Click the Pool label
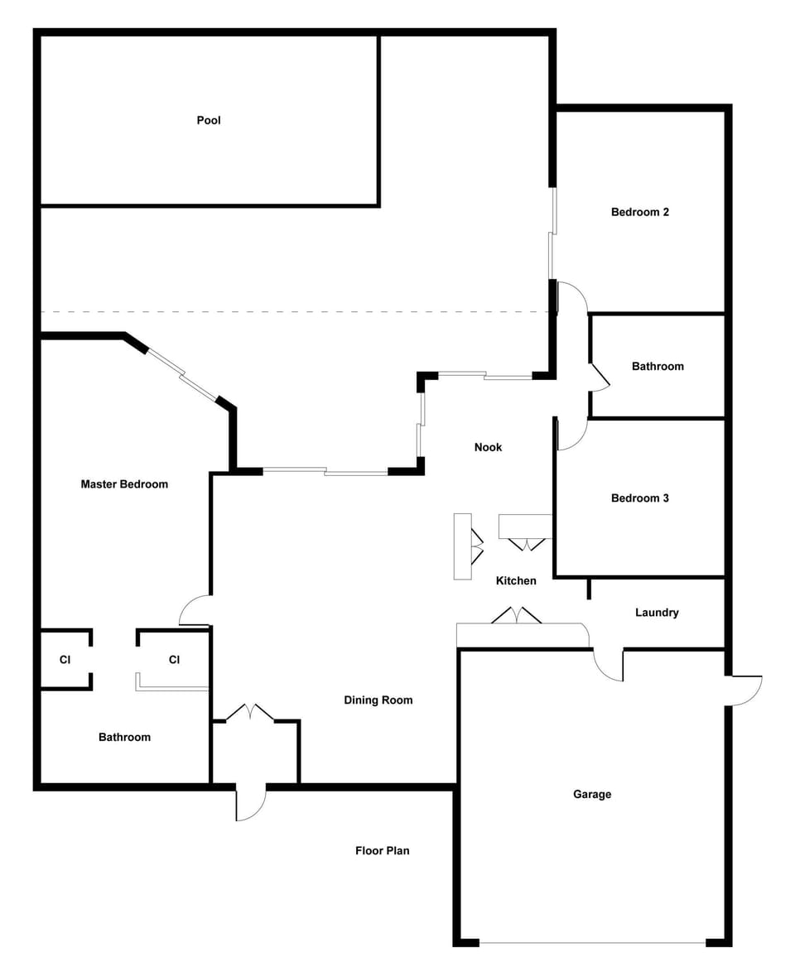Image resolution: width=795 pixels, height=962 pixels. (x=209, y=120)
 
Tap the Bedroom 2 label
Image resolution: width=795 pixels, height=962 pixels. (x=639, y=212)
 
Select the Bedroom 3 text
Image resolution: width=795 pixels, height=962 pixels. (x=639, y=498)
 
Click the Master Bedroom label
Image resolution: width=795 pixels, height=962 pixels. (x=124, y=484)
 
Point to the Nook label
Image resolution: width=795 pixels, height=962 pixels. (x=488, y=447)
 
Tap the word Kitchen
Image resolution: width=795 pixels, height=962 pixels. (x=516, y=580)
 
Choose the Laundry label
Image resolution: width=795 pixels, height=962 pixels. (x=657, y=613)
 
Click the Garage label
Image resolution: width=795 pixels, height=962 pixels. (x=592, y=794)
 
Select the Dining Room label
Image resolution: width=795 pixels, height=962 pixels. (x=378, y=700)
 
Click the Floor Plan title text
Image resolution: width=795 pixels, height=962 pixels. (x=383, y=850)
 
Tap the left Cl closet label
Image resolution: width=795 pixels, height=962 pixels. (x=65, y=660)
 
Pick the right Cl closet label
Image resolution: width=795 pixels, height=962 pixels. (x=175, y=660)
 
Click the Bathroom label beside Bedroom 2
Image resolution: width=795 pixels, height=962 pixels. (x=658, y=366)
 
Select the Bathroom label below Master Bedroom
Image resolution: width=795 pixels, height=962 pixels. (x=124, y=737)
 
